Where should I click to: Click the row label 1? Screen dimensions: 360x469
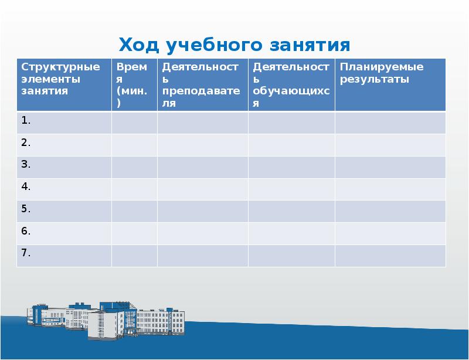click(x=26, y=121)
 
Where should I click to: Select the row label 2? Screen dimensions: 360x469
click(x=26, y=142)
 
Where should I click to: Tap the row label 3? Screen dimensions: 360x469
click(x=26, y=165)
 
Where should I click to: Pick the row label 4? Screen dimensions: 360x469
click(x=26, y=187)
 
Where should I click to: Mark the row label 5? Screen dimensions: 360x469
click(x=26, y=209)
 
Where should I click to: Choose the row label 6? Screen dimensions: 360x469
click(x=26, y=231)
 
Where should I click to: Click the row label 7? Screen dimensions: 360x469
click(x=26, y=253)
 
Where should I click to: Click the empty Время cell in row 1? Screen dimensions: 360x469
click(x=134, y=123)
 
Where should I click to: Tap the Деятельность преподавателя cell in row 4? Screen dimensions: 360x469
click(x=202, y=189)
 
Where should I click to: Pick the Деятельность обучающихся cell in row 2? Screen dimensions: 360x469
click(x=291, y=145)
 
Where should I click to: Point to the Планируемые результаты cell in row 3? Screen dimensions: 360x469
click(x=390, y=167)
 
